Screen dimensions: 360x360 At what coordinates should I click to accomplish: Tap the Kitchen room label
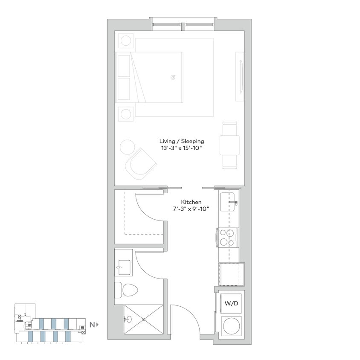191,202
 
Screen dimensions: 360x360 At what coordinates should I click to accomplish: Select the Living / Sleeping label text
181,141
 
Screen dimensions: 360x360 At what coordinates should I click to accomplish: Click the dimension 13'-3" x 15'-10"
181,148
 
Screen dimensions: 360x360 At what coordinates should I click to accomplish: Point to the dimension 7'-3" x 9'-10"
191,209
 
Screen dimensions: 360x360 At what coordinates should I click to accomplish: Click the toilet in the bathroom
128,290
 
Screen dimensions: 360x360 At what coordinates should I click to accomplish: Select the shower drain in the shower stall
144,319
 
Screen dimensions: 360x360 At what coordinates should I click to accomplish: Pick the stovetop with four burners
228,237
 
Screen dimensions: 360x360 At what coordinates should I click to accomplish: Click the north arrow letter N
92,325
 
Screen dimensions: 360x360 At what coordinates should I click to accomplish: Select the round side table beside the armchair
128,148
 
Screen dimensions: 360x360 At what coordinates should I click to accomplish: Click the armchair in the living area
141,163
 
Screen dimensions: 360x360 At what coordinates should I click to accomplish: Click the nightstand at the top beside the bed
125,41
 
